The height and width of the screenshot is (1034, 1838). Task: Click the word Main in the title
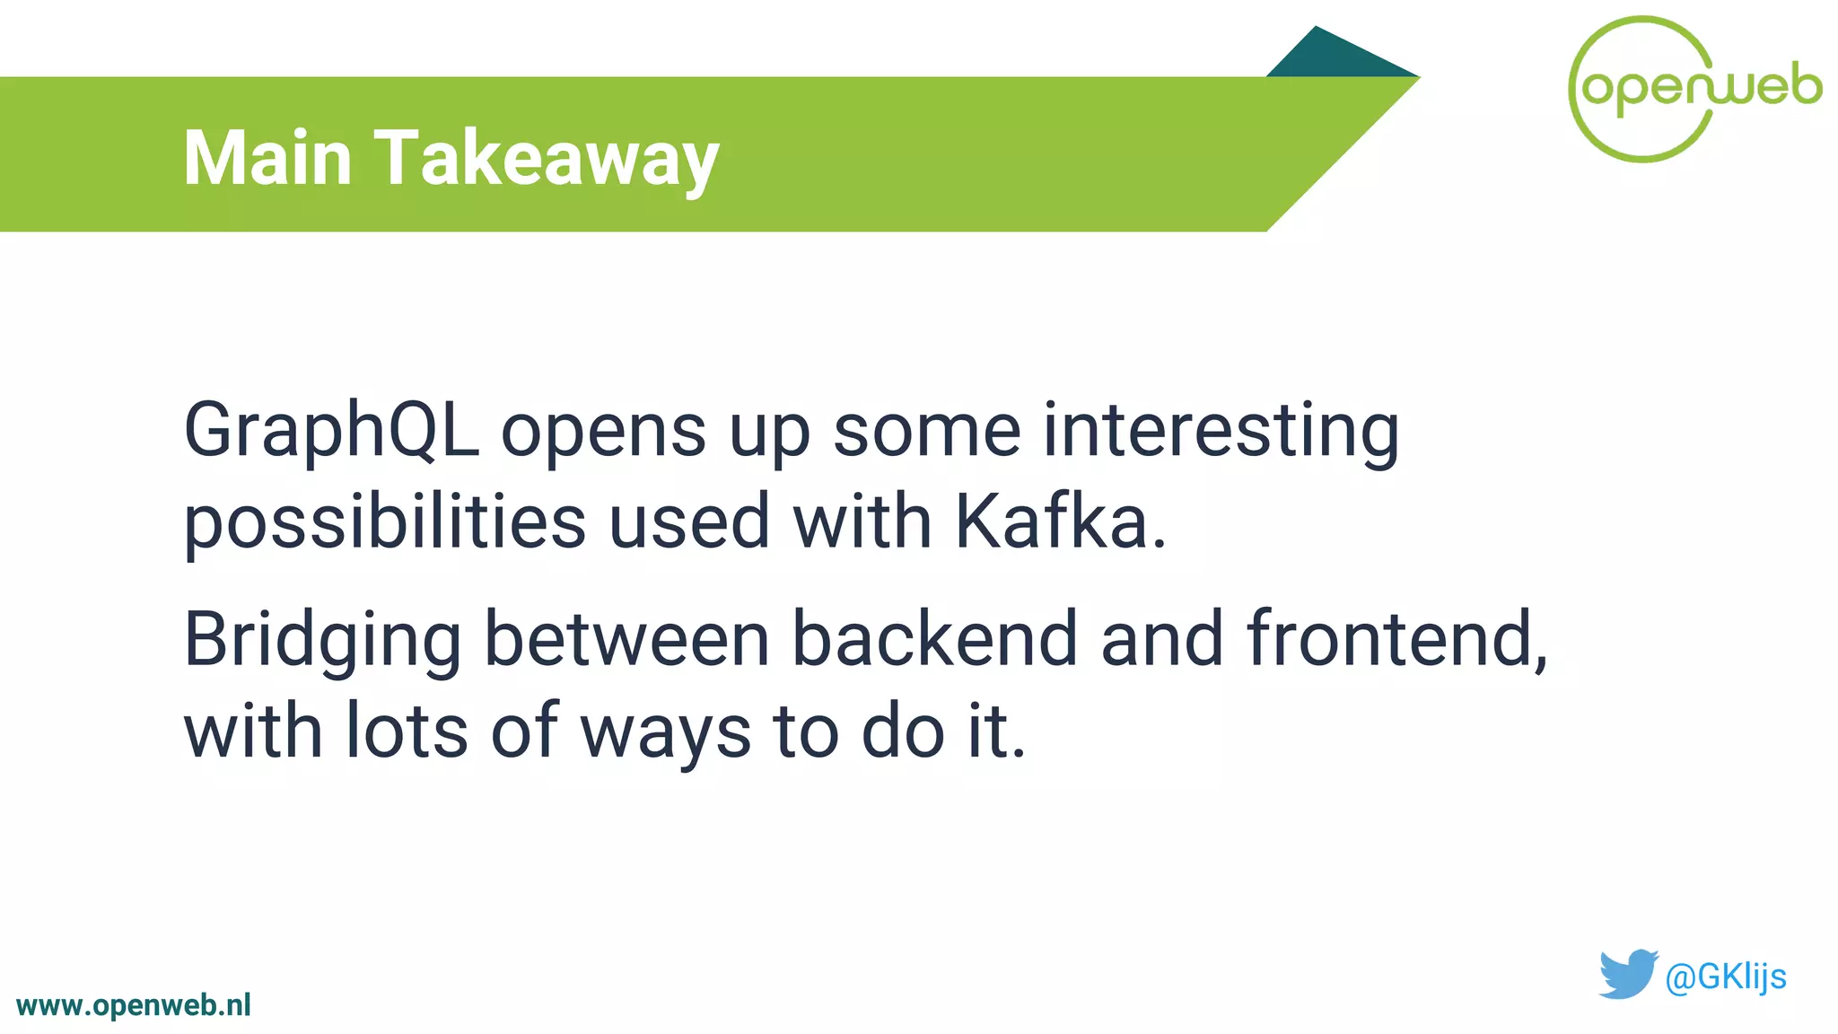point(267,158)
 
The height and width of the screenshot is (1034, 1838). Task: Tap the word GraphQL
point(331,432)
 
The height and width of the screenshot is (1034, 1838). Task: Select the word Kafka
point(1059,522)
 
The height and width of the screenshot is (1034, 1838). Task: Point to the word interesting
point(1221,432)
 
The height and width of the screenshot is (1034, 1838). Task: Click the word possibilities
point(385,524)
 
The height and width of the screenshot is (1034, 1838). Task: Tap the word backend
point(933,639)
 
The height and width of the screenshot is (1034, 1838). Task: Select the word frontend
point(1396,639)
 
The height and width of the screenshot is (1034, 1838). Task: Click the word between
point(626,639)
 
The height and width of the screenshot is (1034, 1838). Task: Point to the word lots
point(407,732)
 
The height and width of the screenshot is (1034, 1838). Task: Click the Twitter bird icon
point(1627,974)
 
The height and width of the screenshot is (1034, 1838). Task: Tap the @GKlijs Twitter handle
point(1725,977)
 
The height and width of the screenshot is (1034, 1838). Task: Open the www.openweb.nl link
point(134,1005)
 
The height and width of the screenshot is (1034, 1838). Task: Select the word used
point(689,522)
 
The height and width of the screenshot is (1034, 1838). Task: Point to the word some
point(927,432)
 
